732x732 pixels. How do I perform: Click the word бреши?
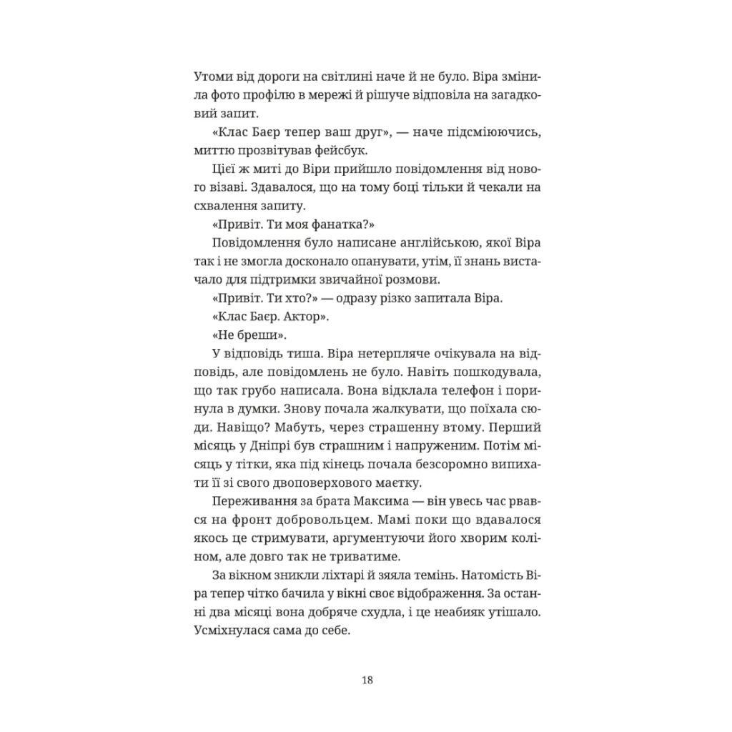point(237,336)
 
